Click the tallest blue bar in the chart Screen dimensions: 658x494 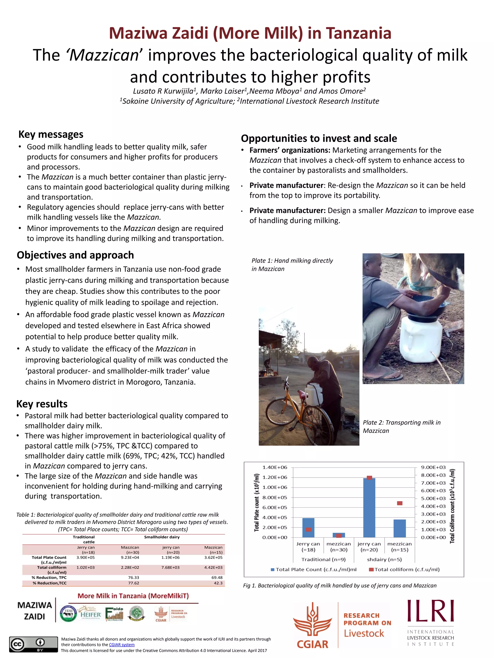tap(369, 509)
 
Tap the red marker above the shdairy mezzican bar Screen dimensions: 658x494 tap(400, 503)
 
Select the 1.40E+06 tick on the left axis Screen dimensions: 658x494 tap(274, 467)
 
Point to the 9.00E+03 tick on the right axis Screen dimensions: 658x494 tap(433, 467)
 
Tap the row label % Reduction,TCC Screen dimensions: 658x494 tap(49, 583)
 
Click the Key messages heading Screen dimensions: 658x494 tap(51, 134)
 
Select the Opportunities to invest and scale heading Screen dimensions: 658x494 tap(319, 138)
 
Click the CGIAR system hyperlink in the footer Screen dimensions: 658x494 tap(122, 645)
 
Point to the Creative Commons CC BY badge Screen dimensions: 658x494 tap(33, 644)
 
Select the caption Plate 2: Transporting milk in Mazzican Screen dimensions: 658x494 tap(401, 426)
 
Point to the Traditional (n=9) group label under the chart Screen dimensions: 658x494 tap(323, 559)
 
